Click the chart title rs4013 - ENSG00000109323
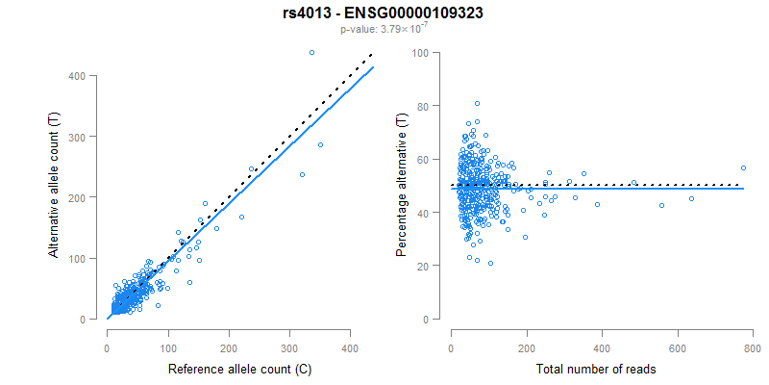pyautogui.click(x=384, y=13)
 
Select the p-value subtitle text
pyautogui.click(x=384, y=30)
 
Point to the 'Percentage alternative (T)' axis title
pyautogui.click(x=402, y=185)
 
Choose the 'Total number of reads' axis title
pyautogui.click(x=602, y=370)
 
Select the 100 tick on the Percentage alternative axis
pyautogui.click(x=421, y=52)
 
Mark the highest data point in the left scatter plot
pyautogui.click(x=311, y=52)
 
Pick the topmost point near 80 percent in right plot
pyautogui.click(x=477, y=103)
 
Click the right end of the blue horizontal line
pyautogui.click(x=743, y=188)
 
